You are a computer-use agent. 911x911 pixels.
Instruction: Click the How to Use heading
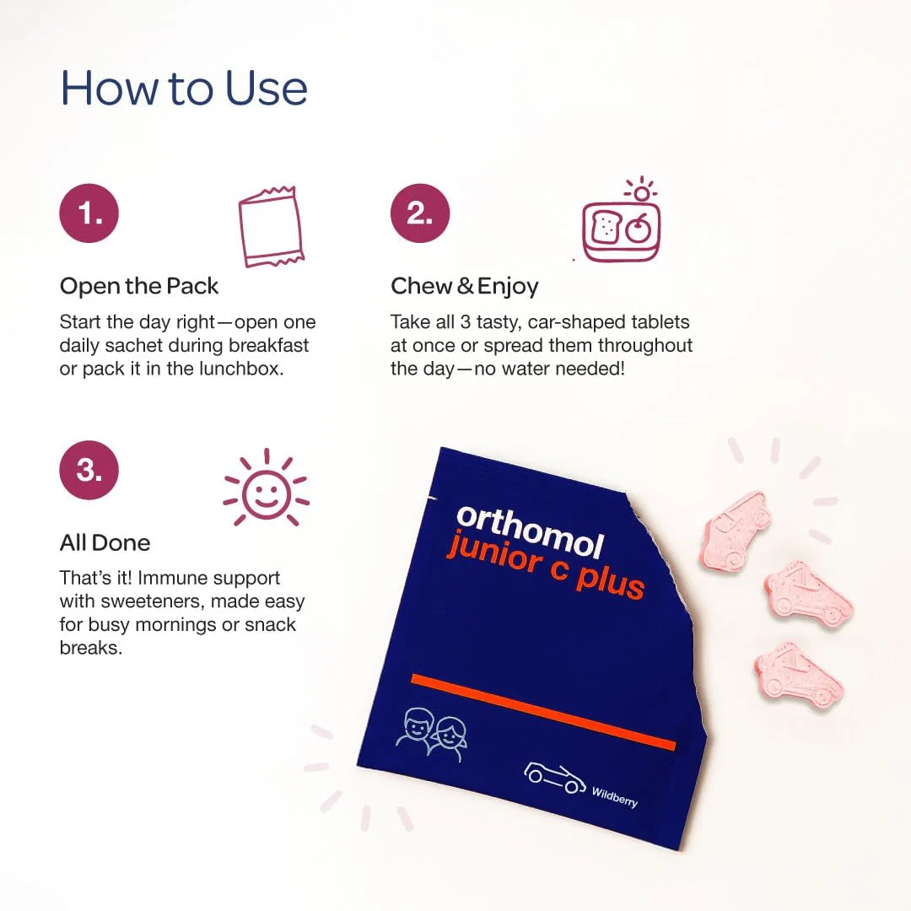(x=184, y=89)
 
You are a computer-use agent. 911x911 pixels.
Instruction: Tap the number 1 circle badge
(x=89, y=213)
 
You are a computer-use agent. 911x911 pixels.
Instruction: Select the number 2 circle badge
(x=420, y=213)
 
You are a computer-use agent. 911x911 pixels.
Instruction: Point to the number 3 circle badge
(x=89, y=470)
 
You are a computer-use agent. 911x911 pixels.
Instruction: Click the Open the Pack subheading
(x=139, y=286)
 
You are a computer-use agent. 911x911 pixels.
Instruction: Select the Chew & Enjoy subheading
(x=464, y=286)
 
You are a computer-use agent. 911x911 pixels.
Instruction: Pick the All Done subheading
(x=105, y=542)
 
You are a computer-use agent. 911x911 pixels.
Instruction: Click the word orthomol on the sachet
(x=530, y=531)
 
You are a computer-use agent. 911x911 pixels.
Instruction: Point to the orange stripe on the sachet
(x=543, y=711)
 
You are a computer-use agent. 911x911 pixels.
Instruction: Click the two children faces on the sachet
(x=431, y=733)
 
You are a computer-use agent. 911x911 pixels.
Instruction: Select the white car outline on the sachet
(x=554, y=776)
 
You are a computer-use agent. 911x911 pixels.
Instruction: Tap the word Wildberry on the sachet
(x=614, y=796)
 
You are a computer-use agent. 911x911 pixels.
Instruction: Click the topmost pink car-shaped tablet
(x=734, y=530)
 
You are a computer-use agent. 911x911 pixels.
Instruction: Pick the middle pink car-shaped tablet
(x=808, y=594)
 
